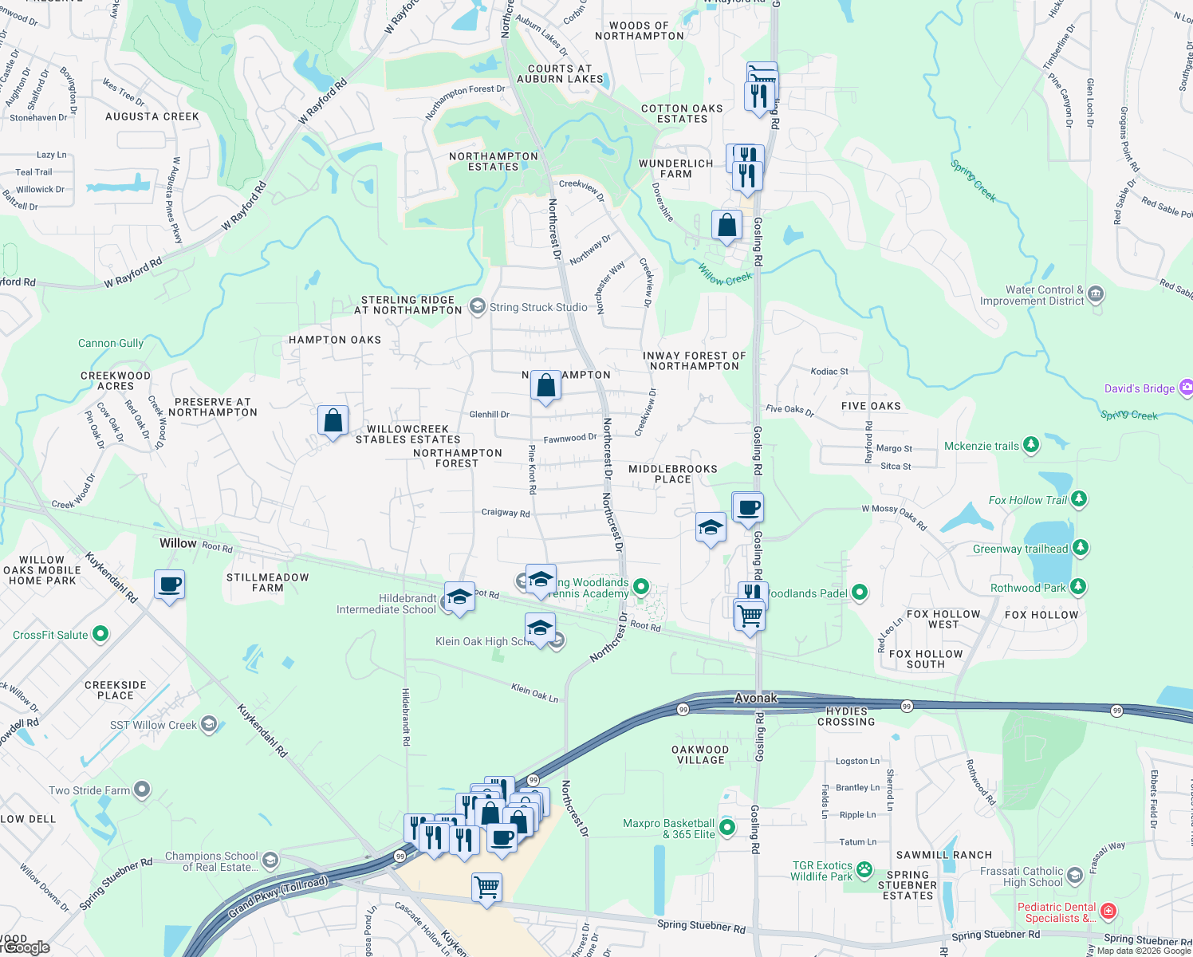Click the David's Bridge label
pyautogui.click(x=1139, y=388)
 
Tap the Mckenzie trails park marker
pyautogui.click(x=1031, y=445)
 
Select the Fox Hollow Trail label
pyautogui.click(x=1027, y=500)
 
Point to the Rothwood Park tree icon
pyautogui.click(x=1078, y=587)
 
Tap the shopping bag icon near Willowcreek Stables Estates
pyautogui.click(x=333, y=420)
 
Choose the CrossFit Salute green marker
pyautogui.click(x=100, y=634)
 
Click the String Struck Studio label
pyautogui.click(x=538, y=307)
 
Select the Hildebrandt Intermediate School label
pyautogui.click(x=386, y=604)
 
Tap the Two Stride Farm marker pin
pyautogui.click(x=142, y=790)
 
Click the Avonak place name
pyautogui.click(x=755, y=698)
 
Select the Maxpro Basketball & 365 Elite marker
pyautogui.click(x=727, y=828)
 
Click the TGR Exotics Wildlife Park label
pyautogui.click(x=821, y=871)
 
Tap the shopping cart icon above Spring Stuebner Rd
pyautogui.click(x=486, y=886)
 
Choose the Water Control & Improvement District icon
pyautogui.click(x=1096, y=293)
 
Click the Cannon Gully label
pyautogui.click(x=111, y=343)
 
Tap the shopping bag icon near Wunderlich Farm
pyautogui.click(x=726, y=226)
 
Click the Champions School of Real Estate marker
pyautogui.click(x=270, y=859)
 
